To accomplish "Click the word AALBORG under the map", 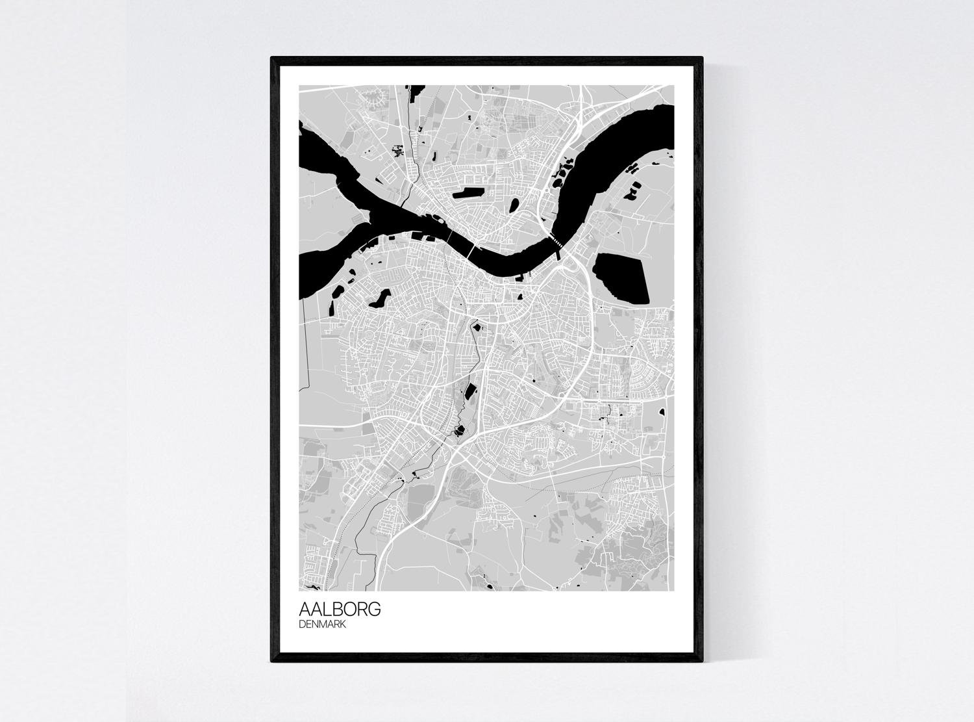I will [340, 610].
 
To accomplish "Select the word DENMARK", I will [322, 625].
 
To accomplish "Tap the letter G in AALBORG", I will [374, 610].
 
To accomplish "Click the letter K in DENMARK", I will [342, 625].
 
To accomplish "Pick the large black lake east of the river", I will [622, 277].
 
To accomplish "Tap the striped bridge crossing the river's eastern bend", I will [557, 241].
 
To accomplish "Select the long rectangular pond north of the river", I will [468, 193].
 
